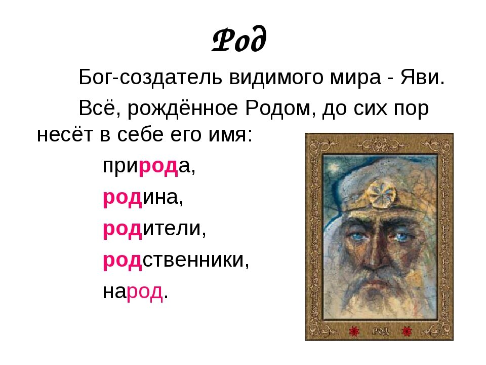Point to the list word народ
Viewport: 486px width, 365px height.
[x=135, y=291]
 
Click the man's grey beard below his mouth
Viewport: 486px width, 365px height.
[x=377, y=299]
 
